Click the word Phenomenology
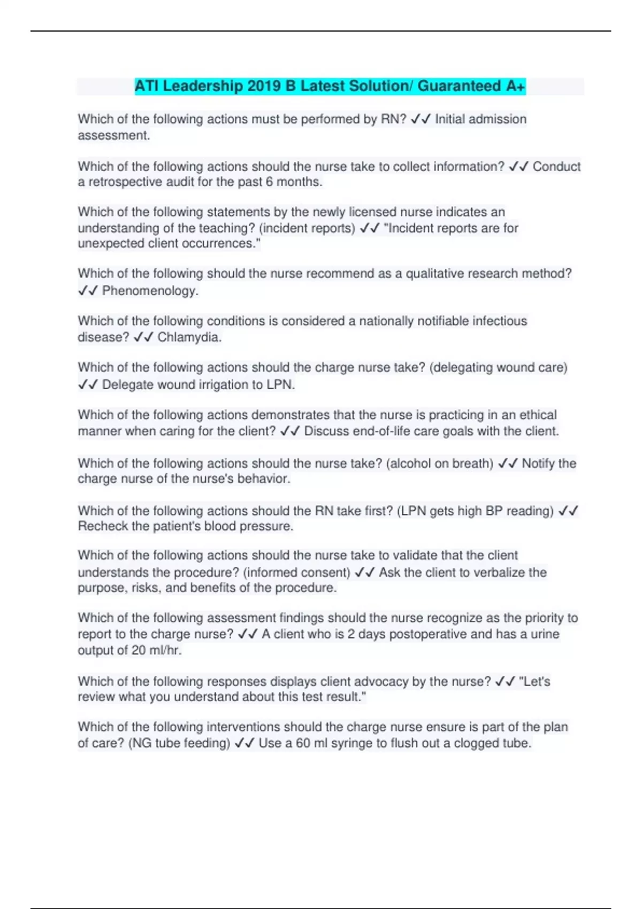[150, 291]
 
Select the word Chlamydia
[189, 337]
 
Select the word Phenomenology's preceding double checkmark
[88, 291]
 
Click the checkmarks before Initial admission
[421, 119]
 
